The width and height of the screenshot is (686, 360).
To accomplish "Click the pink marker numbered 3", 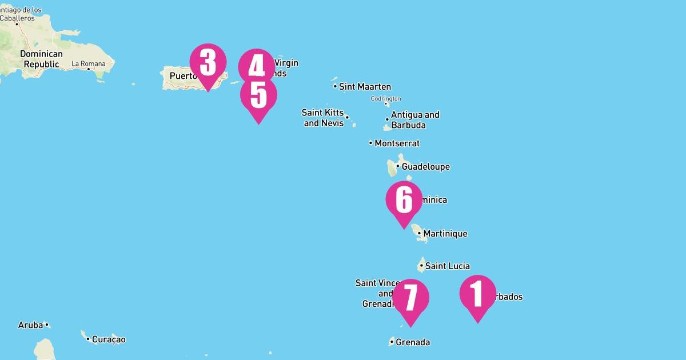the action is tap(208, 63).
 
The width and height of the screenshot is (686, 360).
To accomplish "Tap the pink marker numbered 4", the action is tap(257, 66).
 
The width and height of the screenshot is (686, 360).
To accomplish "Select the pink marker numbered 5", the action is tap(258, 95).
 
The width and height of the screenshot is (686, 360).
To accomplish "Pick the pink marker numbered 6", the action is tap(404, 200).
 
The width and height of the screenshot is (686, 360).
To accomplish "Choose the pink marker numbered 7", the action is tap(410, 298).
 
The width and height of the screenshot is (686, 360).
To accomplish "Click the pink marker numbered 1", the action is tap(477, 294).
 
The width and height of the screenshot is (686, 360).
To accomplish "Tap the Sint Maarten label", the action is tap(365, 87).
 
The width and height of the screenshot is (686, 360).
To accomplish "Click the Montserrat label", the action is tap(397, 143).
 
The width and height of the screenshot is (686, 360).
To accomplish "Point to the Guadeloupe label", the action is tap(425, 167).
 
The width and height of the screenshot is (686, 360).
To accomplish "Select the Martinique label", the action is tap(445, 234).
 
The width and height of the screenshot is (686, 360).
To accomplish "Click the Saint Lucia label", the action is tap(447, 266).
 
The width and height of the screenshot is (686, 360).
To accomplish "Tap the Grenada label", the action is tap(413, 343).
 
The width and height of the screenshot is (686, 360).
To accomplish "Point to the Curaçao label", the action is tap(109, 340).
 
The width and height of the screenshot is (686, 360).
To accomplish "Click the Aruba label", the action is tap(30, 325).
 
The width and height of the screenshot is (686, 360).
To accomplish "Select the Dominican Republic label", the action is tap(41, 59).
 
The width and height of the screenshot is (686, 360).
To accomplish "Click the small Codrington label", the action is tap(386, 99).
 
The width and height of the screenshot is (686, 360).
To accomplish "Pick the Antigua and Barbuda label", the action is tap(414, 120).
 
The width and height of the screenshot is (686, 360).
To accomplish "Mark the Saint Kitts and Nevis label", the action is tap(323, 118).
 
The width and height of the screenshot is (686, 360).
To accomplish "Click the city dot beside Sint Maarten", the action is tap(335, 87).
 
